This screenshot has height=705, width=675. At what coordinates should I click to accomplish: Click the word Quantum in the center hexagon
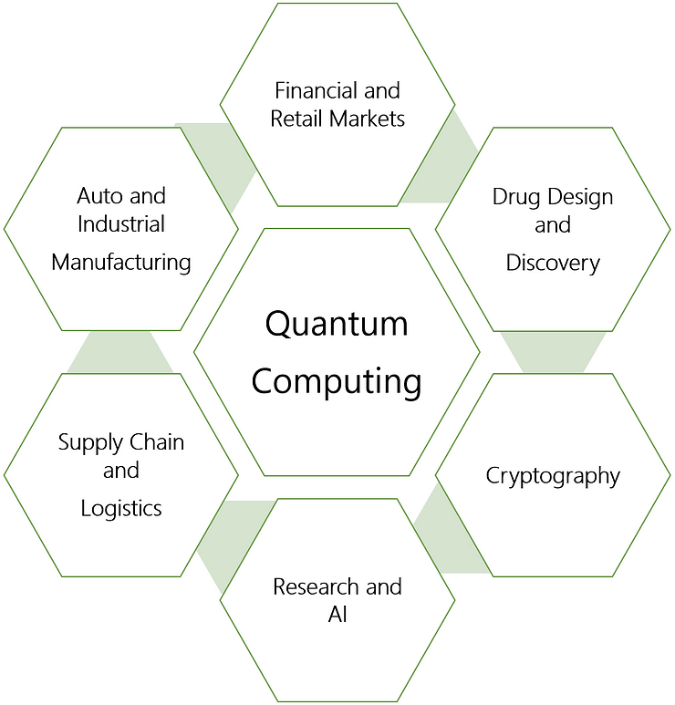[337, 325]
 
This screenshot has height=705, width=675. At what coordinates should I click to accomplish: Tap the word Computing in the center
[337, 380]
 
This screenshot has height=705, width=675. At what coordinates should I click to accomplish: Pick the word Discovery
[553, 263]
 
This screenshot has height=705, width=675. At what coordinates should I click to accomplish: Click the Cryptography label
[553, 475]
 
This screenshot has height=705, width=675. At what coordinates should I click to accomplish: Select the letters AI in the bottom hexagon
[337, 614]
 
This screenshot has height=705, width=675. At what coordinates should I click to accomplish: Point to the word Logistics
[121, 508]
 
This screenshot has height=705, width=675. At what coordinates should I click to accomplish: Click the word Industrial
[121, 223]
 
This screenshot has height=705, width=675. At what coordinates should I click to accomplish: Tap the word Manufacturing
[121, 263]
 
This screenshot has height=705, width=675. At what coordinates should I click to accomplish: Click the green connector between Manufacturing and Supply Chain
[120, 352]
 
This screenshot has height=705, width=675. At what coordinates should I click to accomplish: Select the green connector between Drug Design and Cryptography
[553, 352]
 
